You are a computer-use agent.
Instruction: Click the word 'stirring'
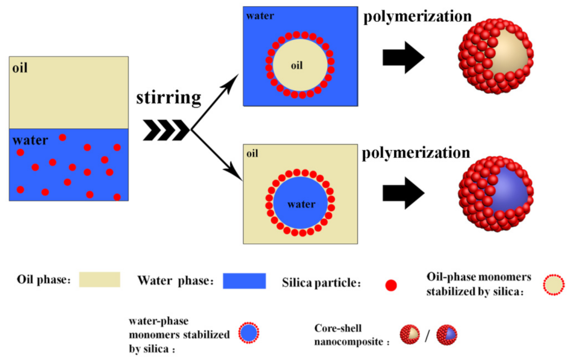point(168,97)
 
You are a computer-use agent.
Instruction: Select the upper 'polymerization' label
point(418,16)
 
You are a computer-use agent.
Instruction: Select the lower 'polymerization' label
point(416,152)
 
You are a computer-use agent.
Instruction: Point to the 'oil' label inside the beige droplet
point(297,65)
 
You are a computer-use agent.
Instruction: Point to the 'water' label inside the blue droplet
point(301,204)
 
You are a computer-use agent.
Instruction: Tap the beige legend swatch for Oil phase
point(99,279)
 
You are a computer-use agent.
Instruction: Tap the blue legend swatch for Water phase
point(244,280)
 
